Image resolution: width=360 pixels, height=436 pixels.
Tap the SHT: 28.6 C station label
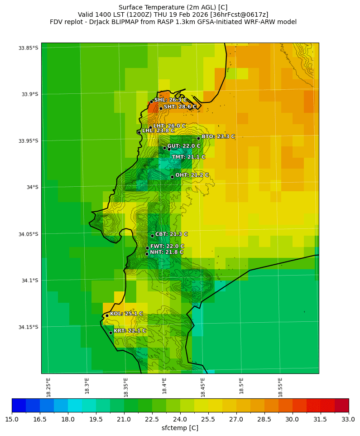pyautogui.click(x=180, y=107)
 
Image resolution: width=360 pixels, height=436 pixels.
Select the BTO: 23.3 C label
pyautogui.click(x=218, y=136)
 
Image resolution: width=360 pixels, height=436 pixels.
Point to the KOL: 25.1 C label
pyautogui.click(x=126, y=314)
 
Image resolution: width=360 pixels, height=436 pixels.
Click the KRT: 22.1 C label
pyautogui.click(x=130, y=331)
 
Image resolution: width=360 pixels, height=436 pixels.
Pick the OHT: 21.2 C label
pyautogui.click(x=192, y=175)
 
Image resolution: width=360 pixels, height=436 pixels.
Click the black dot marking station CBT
pyautogui.click(x=152, y=236)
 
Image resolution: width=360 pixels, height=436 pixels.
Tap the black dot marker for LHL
pyautogui.click(x=139, y=132)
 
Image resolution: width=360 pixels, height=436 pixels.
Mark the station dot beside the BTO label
pyautogui.click(x=198, y=138)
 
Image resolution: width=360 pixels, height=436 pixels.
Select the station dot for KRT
pyautogui.click(x=110, y=333)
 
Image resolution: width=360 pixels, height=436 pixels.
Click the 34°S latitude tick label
pyautogui.click(x=32, y=187)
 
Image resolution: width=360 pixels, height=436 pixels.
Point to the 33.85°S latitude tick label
pyautogui.click(x=29, y=48)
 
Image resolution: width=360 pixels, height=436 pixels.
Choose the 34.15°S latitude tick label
pyautogui.click(x=29, y=327)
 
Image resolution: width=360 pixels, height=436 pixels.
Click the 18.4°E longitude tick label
pyautogui.click(x=164, y=386)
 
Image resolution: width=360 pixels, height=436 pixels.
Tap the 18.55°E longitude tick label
pyautogui.click(x=280, y=386)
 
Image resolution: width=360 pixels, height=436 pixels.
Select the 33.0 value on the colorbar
pyautogui.click(x=348, y=419)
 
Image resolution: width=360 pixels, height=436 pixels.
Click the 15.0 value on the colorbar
pyautogui.click(x=12, y=419)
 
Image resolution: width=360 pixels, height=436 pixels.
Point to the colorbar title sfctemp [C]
pyautogui.click(x=180, y=428)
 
